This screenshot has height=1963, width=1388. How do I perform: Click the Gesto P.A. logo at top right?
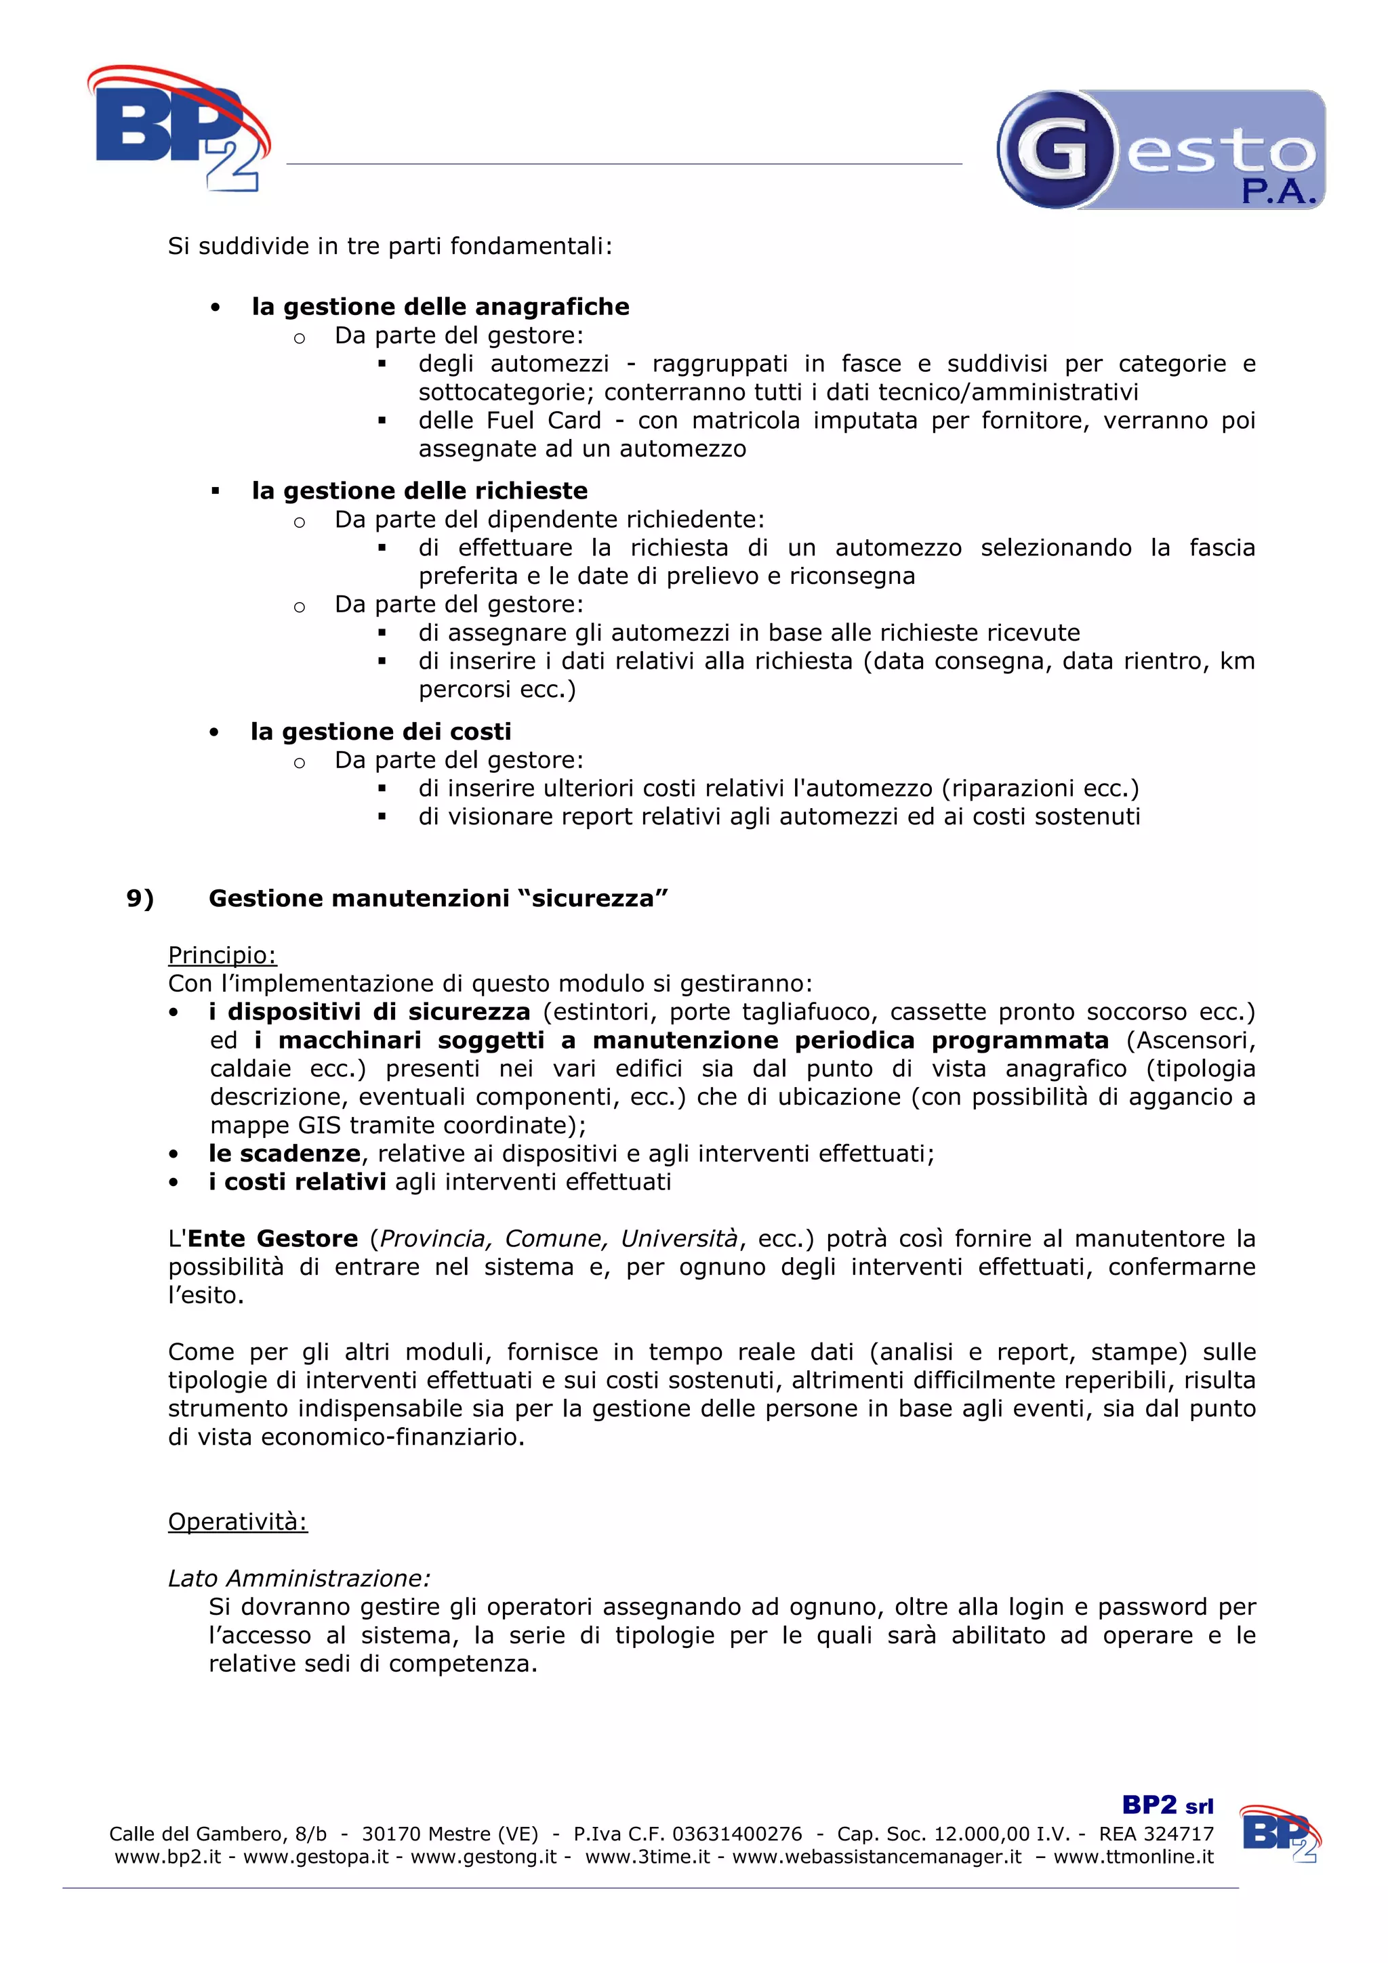click(1160, 150)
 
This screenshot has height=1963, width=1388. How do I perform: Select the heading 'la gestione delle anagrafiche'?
click(440, 307)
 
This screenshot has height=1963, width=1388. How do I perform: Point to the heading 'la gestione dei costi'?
click(381, 732)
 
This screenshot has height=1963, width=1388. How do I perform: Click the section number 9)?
click(140, 899)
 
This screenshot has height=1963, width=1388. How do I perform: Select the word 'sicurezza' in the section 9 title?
click(592, 899)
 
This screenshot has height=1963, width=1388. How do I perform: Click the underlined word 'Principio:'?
click(222, 955)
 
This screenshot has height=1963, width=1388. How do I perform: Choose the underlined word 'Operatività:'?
click(238, 1522)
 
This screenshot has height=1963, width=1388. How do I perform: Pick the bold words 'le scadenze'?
click(284, 1154)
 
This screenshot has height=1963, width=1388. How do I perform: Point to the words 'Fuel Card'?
click(544, 421)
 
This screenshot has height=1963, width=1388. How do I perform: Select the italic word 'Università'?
click(679, 1239)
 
